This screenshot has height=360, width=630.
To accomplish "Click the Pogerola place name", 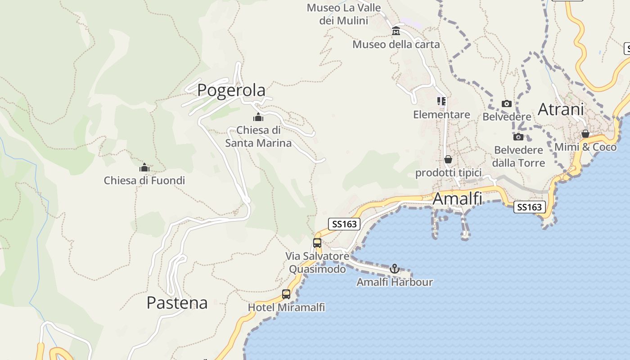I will (x=231, y=90).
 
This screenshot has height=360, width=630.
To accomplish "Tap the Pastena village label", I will (x=177, y=303).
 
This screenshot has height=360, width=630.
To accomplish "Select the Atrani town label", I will (x=561, y=109).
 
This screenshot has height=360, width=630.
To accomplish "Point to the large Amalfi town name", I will (x=457, y=198).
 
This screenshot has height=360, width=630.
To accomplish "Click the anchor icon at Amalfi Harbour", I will (x=395, y=269).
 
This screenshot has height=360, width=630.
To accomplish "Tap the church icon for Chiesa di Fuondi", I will (x=144, y=167).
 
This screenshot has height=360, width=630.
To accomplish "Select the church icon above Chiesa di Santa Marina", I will (x=258, y=117).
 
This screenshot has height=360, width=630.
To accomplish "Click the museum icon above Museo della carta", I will (x=396, y=31).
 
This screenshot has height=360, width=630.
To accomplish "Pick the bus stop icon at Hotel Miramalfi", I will (x=286, y=294).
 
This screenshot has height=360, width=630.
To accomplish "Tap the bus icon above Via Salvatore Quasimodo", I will (x=317, y=243).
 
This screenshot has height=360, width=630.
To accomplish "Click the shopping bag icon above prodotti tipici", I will (x=448, y=159).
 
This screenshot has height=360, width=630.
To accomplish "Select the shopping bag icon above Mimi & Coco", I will (x=585, y=134).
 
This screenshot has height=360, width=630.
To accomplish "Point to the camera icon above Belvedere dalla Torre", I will (x=518, y=137).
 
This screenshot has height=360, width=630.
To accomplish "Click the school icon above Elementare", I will (x=441, y=101).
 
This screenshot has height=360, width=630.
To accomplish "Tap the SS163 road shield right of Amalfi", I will (x=530, y=207).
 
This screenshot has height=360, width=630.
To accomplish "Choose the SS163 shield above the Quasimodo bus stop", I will (x=344, y=224).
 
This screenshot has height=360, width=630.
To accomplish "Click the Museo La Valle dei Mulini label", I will (x=344, y=14).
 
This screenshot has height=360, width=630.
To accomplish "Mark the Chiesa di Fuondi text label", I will (x=144, y=180).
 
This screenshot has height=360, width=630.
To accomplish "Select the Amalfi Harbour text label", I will (x=395, y=282).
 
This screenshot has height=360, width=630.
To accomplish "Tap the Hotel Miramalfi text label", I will (x=286, y=307).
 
